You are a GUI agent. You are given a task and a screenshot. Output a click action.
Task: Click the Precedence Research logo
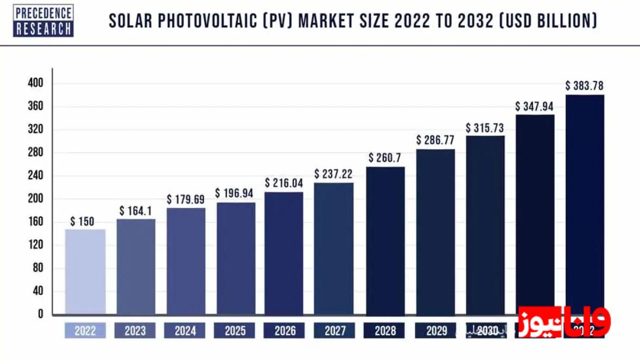point(43,21)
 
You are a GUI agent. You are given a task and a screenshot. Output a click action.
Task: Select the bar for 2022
point(85,271)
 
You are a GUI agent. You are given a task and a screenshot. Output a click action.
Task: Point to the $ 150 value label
point(83,222)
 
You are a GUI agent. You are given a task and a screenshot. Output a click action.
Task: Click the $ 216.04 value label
point(284,183)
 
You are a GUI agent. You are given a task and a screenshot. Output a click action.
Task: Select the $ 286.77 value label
point(435,140)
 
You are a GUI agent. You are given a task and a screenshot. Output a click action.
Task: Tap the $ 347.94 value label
point(534,106)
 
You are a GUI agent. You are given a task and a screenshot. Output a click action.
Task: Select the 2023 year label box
point(135,331)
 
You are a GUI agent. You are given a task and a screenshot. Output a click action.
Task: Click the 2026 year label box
point(284,331)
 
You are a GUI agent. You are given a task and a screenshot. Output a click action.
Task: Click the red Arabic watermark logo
point(565,322)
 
